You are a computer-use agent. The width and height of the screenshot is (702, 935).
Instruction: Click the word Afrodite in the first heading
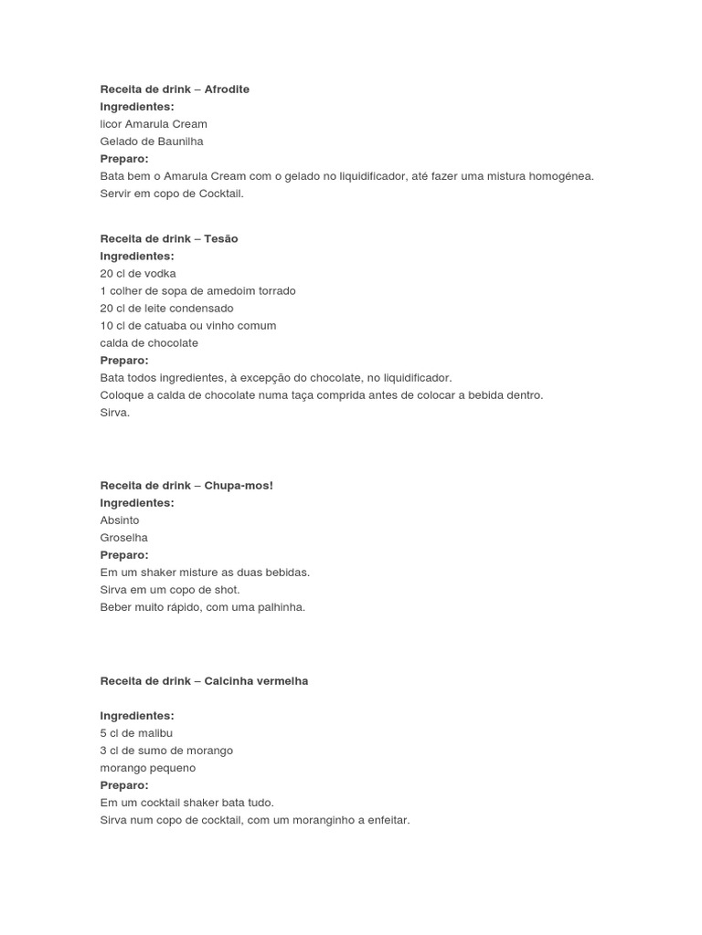227,89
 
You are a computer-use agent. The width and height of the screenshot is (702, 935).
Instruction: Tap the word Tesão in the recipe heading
221,238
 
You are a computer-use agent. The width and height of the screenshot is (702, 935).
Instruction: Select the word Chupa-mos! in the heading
239,486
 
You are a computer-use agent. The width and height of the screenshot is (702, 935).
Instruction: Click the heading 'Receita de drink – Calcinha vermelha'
204,681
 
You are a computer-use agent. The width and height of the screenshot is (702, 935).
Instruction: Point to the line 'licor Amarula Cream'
154,124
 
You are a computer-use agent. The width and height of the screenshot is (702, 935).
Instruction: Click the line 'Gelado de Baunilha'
152,142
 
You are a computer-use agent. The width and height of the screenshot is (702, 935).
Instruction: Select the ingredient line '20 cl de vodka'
138,274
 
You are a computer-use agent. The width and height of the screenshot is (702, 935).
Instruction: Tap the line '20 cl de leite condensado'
166,309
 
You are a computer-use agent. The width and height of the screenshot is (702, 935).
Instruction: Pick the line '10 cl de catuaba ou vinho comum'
187,326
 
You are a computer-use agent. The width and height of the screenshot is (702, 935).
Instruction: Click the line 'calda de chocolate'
149,343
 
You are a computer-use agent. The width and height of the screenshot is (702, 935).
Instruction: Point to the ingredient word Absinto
120,520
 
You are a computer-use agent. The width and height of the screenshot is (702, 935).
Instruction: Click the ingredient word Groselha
123,538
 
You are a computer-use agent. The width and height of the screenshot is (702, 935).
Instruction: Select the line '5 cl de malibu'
136,733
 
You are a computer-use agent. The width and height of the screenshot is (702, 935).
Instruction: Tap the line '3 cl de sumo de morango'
166,751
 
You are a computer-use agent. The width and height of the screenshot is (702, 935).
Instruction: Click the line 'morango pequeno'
148,768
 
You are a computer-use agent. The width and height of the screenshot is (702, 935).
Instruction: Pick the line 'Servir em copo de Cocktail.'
172,194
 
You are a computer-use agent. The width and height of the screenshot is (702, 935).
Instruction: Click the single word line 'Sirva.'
115,413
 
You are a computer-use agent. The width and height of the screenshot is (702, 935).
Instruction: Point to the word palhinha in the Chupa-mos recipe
281,607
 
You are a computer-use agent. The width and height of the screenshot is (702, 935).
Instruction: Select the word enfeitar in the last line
386,821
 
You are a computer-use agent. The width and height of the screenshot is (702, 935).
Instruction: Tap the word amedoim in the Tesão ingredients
228,291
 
